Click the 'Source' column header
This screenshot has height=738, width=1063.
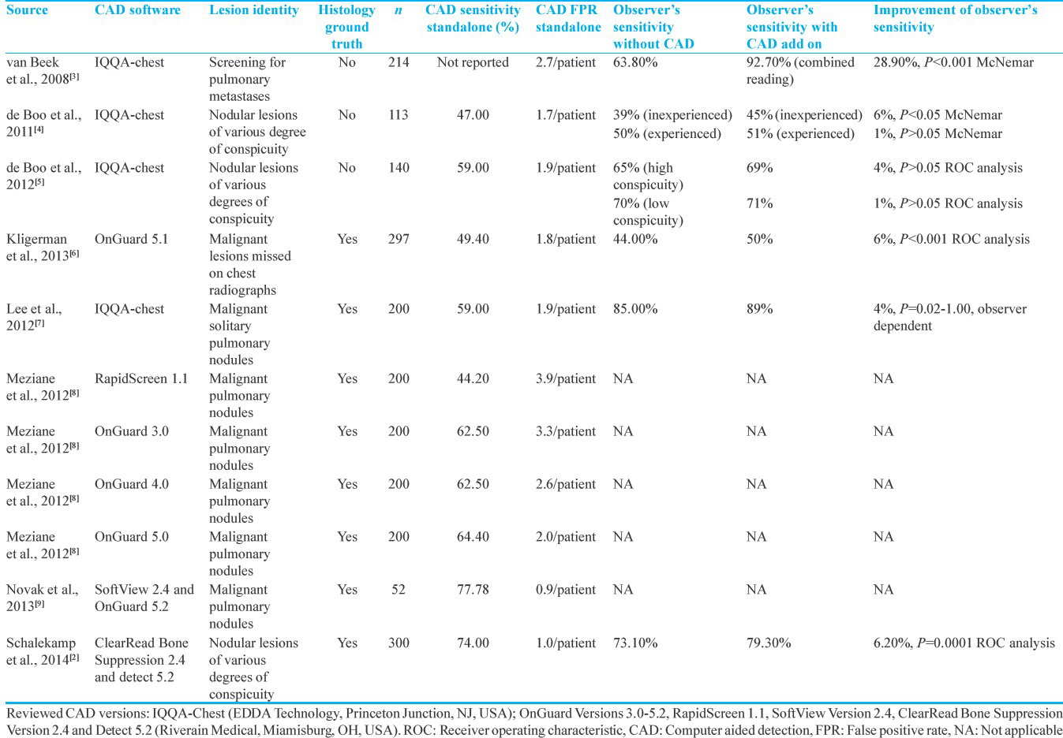[x=27, y=10]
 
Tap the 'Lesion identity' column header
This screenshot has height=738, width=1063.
[x=254, y=10]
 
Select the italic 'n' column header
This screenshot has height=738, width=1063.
[x=399, y=10]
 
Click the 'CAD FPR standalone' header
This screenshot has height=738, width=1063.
[x=568, y=18]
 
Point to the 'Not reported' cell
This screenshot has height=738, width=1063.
[x=473, y=62]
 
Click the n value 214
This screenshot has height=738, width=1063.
[x=399, y=62]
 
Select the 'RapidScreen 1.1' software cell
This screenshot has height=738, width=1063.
[x=141, y=378]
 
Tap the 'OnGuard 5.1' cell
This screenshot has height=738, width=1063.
[x=132, y=239]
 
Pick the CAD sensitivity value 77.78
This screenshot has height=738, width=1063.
[x=473, y=589]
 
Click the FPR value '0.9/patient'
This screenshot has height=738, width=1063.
[x=566, y=589]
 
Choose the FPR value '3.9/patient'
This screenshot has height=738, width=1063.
[x=566, y=378]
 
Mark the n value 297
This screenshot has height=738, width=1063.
[x=399, y=239]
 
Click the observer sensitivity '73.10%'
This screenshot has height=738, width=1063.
[x=635, y=643]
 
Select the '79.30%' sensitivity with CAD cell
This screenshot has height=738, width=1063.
[x=769, y=643]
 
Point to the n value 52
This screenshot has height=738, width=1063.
[x=399, y=589]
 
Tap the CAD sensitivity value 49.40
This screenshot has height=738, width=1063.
[x=473, y=239]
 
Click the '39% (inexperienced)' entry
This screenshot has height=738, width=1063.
[x=673, y=114]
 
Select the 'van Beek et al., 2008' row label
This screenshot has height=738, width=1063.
[x=43, y=71]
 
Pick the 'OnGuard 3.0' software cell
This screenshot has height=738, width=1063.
[x=132, y=430]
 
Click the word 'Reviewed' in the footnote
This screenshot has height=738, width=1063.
[x=34, y=714]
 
